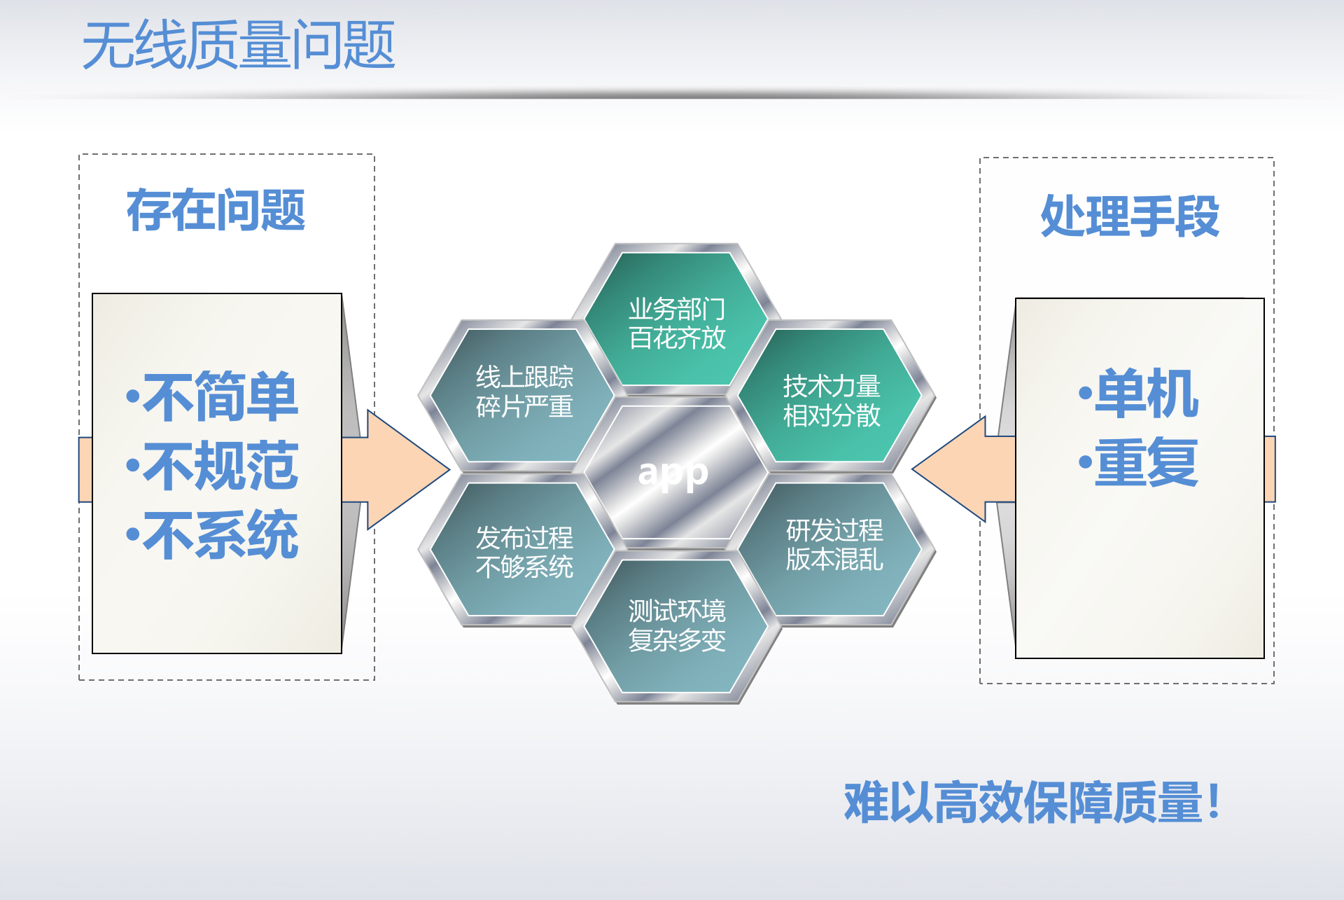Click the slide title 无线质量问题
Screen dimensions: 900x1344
click(x=239, y=46)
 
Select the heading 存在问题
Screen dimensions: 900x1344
click(x=216, y=210)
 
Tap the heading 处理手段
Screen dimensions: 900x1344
click(x=1130, y=216)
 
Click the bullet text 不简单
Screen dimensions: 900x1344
click(x=220, y=396)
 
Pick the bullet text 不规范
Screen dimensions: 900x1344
click(x=220, y=466)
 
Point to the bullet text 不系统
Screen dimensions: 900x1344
click(x=220, y=535)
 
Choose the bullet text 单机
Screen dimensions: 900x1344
click(x=1147, y=394)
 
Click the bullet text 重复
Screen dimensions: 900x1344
click(x=1147, y=462)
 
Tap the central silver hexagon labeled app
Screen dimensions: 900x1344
click(x=674, y=473)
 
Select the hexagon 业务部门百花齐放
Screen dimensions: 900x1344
click(x=677, y=323)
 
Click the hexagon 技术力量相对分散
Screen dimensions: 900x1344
click(x=832, y=400)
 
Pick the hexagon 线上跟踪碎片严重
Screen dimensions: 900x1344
click(x=524, y=392)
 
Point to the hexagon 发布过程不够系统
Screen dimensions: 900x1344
click(x=524, y=552)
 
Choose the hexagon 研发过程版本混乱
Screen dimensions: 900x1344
click(x=834, y=545)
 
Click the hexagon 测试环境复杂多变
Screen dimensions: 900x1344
click(x=677, y=625)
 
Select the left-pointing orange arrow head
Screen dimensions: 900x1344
click(x=952, y=470)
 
